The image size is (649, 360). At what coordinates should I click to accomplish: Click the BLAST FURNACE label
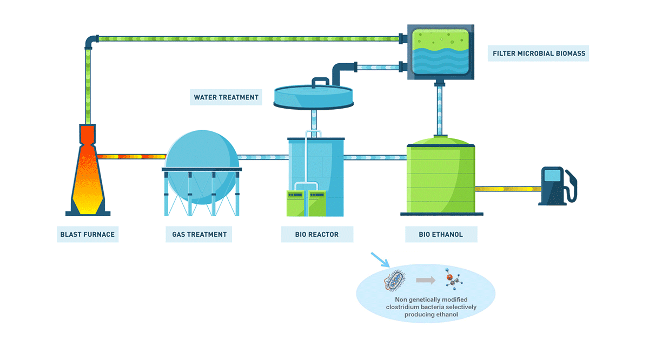pyautogui.click(x=88, y=235)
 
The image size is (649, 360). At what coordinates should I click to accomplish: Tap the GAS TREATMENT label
pyautogui.click(x=199, y=235)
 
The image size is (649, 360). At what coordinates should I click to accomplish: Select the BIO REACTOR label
pyautogui.click(x=317, y=235)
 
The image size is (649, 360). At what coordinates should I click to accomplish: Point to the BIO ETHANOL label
pyautogui.click(x=441, y=235)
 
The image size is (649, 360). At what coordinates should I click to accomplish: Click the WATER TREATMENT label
pyautogui.click(x=226, y=98)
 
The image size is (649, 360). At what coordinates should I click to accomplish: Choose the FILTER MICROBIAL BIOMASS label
pyautogui.click(x=538, y=54)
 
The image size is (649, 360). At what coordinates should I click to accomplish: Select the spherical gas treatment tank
pyautogui.click(x=201, y=162)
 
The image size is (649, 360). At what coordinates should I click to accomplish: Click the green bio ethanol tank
pyautogui.click(x=441, y=178)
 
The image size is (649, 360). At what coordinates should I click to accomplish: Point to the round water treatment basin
pyautogui.click(x=313, y=96)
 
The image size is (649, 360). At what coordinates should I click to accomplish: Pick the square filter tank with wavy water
pyautogui.click(x=440, y=51)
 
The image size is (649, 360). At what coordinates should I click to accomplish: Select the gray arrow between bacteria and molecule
pyautogui.click(x=425, y=280)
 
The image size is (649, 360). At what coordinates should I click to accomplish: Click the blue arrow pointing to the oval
pyautogui.click(x=380, y=259)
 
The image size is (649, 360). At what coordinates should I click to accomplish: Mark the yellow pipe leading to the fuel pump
pyautogui.click(x=508, y=189)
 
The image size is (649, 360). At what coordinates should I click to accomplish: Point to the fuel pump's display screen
pyautogui.click(x=552, y=175)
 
